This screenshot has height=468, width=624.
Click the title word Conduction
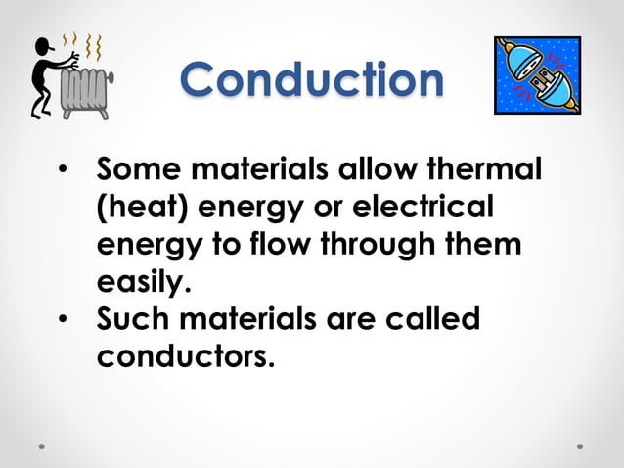click(312, 79)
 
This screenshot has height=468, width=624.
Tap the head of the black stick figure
click(44, 47)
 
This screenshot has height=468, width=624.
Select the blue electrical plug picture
click(537, 74)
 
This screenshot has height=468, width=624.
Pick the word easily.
click(140, 283)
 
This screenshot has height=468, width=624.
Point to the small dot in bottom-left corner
click(42, 445)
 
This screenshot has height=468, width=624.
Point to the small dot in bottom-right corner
click(580, 445)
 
